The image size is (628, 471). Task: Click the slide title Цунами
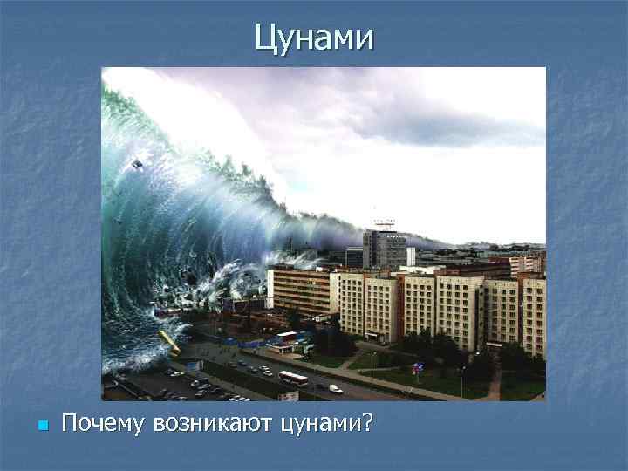tap(314, 38)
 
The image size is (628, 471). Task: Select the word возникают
tap(213, 425)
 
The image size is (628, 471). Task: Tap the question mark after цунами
tap(366, 425)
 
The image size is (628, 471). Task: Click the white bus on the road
tap(293, 378)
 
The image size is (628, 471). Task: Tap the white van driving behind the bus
tap(336, 388)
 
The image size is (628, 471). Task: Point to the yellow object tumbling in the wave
tap(169, 341)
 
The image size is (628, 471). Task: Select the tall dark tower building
tap(384, 249)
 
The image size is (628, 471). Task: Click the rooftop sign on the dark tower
tap(383, 224)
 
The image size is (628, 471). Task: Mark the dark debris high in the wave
tap(137, 164)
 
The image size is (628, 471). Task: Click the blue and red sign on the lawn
tap(417, 367)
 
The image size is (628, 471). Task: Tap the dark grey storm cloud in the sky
tap(454, 113)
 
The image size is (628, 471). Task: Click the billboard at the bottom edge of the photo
tap(289, 395)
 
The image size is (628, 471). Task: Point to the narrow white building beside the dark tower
tap(411, 255)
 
